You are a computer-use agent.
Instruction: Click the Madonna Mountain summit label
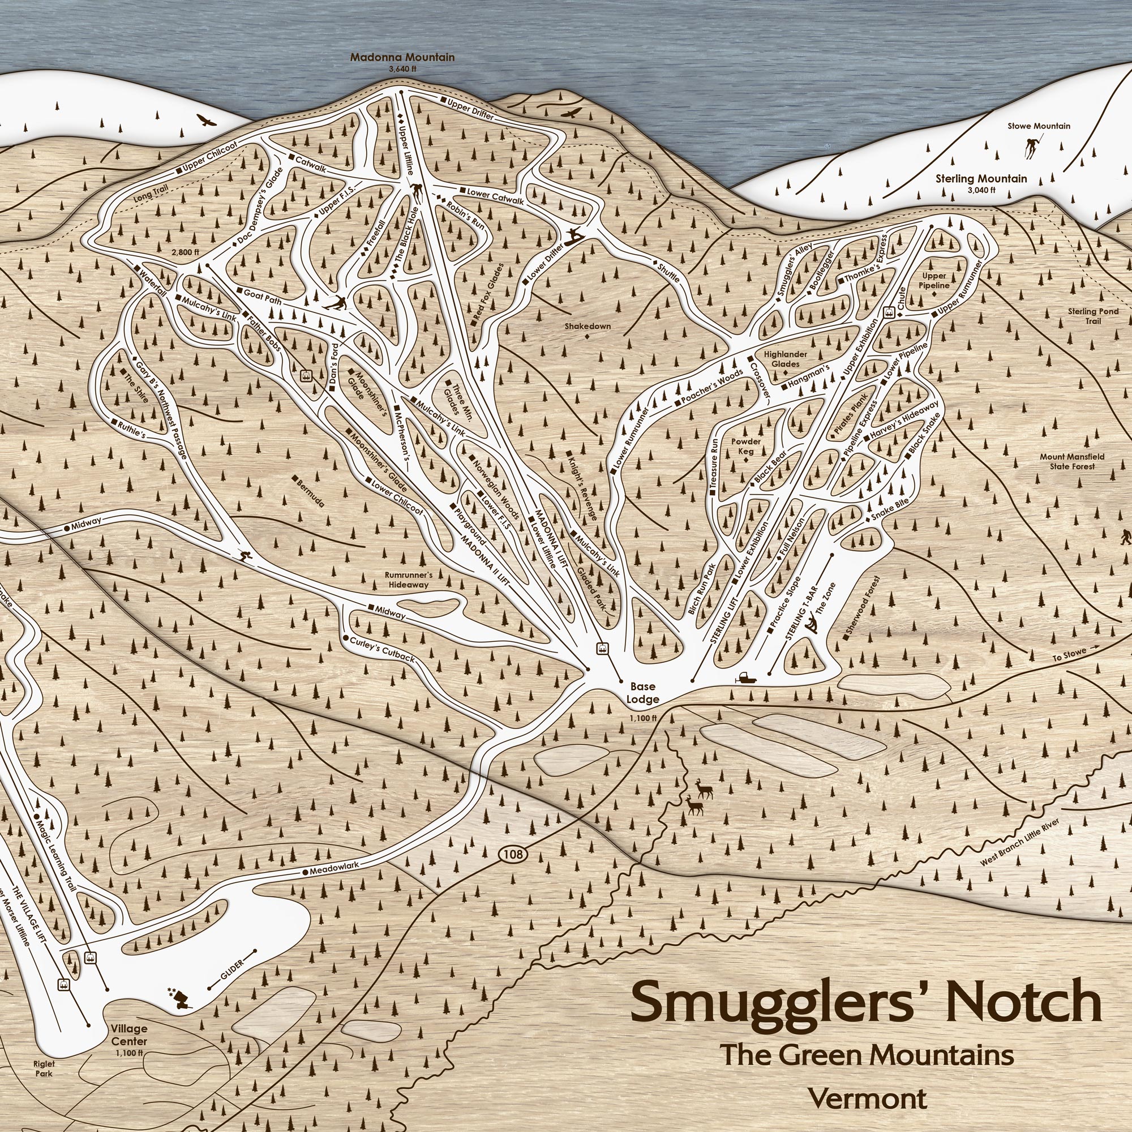click(x=402, y=58)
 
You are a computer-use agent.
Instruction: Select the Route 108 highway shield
click(x=512, y=854)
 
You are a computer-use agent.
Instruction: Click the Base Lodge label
click(x=643, y=693)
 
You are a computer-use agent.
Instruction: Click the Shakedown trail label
click(x=588, y=327)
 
